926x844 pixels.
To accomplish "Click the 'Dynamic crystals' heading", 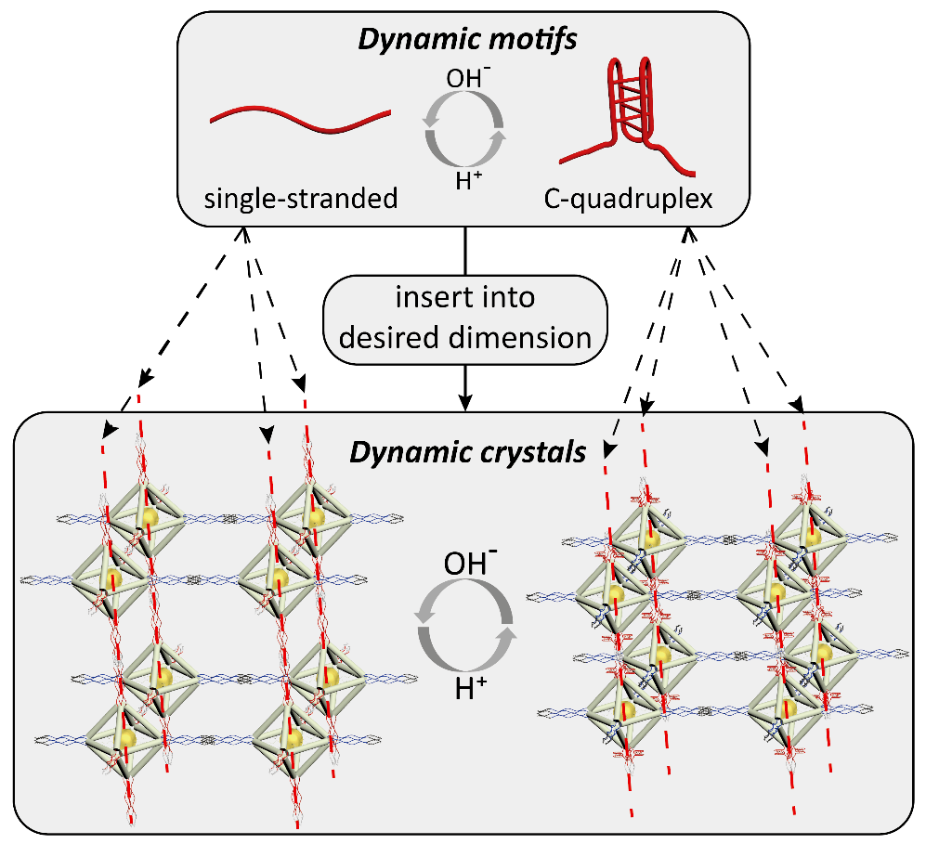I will click(x=467, y=452).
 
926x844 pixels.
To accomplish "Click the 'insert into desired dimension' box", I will click(x=464, y=318).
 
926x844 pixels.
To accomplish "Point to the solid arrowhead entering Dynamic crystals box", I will click(x=464, y=400).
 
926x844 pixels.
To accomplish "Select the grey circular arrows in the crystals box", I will click(x=465, y=628).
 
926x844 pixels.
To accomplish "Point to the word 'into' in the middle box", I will click(x=507, y=301).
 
